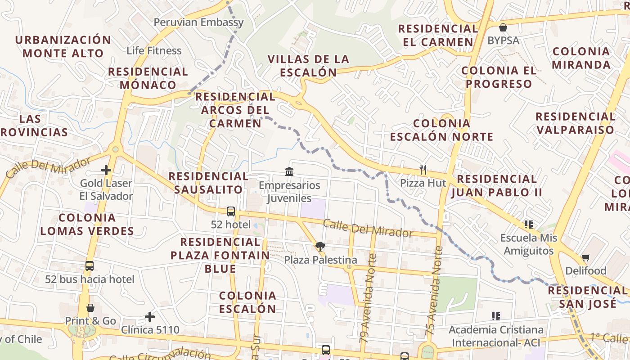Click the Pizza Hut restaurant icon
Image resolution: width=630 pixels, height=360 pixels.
tap(423, 170)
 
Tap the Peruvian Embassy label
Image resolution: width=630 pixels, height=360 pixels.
tap(198, 22)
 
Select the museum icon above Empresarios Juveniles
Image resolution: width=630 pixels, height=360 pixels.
tap(289, 171)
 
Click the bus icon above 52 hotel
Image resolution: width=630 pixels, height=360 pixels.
tap(231, 211)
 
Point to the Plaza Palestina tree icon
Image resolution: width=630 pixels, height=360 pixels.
tap(320, 247)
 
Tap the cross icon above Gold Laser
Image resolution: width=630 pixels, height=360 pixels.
tap(106, 170)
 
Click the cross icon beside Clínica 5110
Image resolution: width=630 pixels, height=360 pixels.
tap(150, 317)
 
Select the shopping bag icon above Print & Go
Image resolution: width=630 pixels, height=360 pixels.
tap(90, 308)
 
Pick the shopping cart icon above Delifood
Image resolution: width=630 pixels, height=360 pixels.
tap(585, 258)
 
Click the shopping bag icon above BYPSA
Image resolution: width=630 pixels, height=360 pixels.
tap(503, 27)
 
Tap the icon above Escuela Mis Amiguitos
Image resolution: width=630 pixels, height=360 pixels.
tap(528, 224)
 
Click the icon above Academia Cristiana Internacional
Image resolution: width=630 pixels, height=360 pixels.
tap(496, 316)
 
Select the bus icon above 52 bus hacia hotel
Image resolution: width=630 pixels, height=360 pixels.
tap(90, 266)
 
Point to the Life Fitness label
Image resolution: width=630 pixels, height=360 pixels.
tap(154, 50)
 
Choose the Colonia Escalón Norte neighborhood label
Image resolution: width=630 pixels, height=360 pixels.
tap(441, 130)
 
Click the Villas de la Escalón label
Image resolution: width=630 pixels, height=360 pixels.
tap(308, 66)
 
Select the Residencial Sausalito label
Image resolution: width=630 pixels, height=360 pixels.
tap(208, 183)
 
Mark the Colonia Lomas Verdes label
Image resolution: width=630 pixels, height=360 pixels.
tap(87, 224)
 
